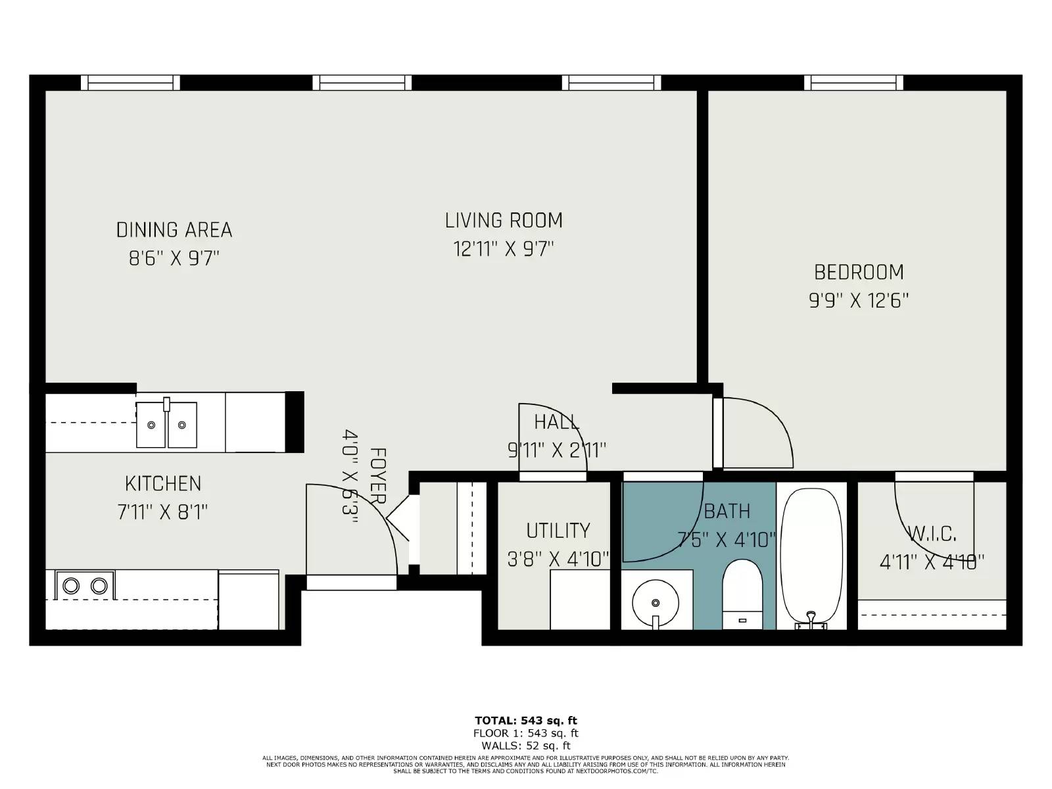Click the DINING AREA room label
[x=174, y=229]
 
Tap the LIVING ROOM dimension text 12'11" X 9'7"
[x=504, y=249]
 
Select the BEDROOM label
[x=859, y=272]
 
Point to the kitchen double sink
[x=166, y=425]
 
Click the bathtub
[x=811, y=556]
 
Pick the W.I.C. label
[x=932, y=533]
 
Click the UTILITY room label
[x=558, y=530]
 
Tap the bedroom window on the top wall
[x=853, y=82]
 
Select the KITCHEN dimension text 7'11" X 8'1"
[x=162, y=512]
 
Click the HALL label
[x=556, y=421]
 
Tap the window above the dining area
[x=130, y=82]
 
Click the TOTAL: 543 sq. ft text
[x=526, y=721]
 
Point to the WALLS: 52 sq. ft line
[x=526, y=746]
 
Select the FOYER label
[x=377, y=475]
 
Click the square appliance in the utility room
[x=580, y=599]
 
